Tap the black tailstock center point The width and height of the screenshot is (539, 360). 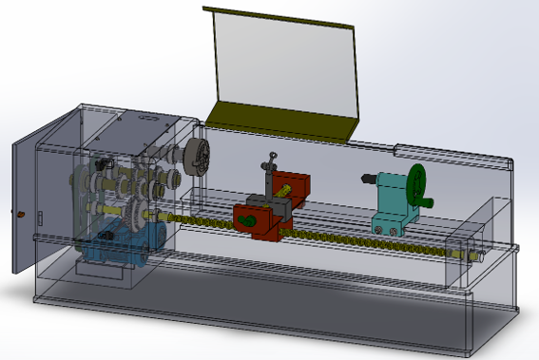coord(366,178)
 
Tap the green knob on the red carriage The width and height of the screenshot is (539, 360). coord(246,221)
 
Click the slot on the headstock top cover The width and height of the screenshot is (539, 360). coord(148,121)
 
